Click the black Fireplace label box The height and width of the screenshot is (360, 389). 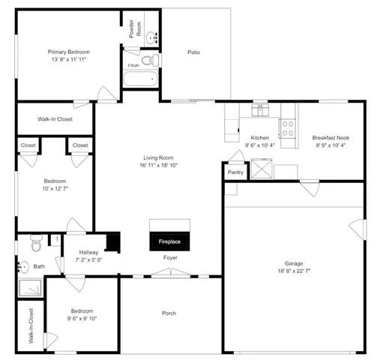[x=170, y=242]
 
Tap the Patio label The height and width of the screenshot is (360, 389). [x=193, y=52]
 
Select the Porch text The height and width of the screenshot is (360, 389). [x=169, y=313]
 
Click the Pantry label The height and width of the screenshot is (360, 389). [x=235, y=172]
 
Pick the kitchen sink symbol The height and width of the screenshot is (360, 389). [x=262, y=109]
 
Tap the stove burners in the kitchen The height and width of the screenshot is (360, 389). [x=286, y=127]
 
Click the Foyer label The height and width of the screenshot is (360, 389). [x=170, y=258]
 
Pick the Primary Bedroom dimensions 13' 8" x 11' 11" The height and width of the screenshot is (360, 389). [x=69, y=59]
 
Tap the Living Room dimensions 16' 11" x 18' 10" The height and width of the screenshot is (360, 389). [x=159, y=165]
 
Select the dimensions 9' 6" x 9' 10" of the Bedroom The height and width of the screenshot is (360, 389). [x=82, y=318]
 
